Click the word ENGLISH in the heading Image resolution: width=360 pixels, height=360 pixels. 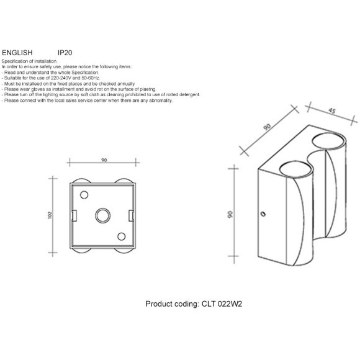click(17, 53)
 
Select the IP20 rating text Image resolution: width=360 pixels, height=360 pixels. click(65, 53)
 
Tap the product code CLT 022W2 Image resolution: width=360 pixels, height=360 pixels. click(222, 304)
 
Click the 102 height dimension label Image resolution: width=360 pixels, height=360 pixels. click(50, 215)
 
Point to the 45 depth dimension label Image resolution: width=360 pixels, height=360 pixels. click(332, 111)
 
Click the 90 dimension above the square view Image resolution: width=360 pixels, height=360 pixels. click(104, 160)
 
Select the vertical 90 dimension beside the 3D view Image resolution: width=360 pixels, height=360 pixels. click(230, 214)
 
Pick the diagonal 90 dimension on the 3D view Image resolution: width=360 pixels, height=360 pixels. click(267, 127)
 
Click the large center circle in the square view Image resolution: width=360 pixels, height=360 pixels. click(103, 215)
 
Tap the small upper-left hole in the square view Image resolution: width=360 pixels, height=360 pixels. click(84, 195)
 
